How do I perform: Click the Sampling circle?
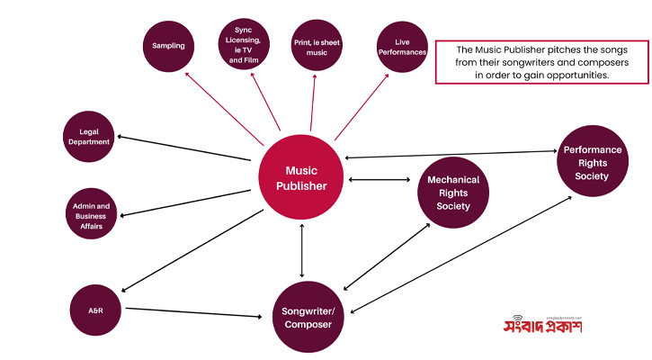point(169,44)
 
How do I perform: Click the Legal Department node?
point(88,136)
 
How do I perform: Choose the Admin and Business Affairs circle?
point(92,216)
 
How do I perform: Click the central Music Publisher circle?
point(301,178)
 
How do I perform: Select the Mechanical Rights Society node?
point(453,193)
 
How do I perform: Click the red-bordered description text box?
point(540,61)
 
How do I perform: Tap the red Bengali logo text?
point(542,326)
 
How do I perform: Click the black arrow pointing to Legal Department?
point(183,148)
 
